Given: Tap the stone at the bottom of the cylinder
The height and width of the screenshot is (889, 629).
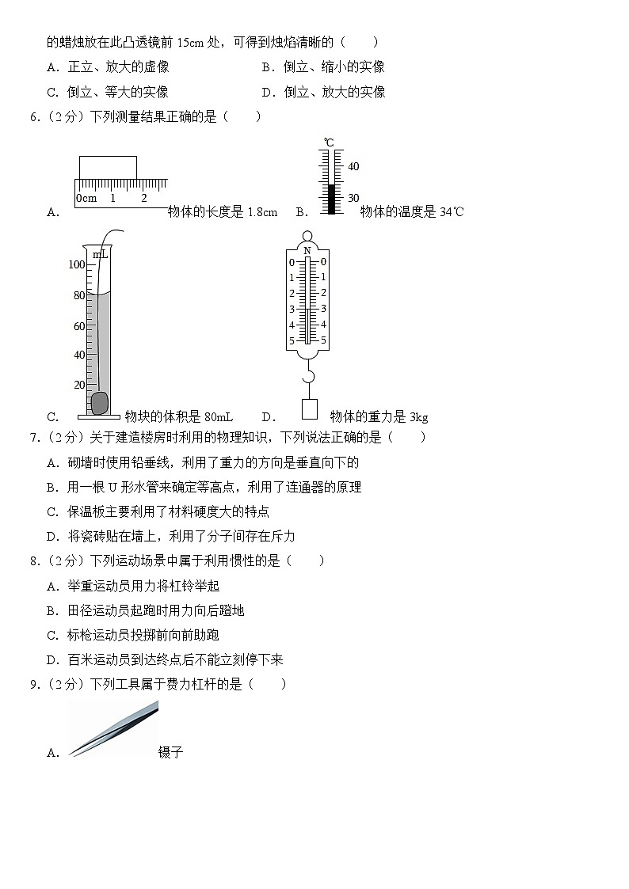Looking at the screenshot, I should coord(99,403).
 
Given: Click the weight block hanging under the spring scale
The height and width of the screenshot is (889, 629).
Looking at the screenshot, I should coord(309,408).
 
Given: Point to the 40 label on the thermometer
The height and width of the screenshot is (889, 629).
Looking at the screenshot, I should coord(353,167).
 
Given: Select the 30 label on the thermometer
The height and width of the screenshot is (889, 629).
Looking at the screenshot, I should coord(353,198).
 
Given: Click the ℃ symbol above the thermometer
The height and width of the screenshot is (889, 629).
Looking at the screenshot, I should coord(329,142).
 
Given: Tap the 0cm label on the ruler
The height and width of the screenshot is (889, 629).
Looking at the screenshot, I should coord(86,198).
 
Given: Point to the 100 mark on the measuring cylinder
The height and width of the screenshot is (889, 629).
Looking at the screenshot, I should coord(76,264).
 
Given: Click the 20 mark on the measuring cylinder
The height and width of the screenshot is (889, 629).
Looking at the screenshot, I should coord(79,385).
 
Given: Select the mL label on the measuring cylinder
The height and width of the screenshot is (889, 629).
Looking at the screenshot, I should coord(100,254).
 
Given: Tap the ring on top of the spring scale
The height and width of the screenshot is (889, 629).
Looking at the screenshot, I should coord(307,236).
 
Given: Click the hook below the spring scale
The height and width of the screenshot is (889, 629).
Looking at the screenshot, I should coord(308,375).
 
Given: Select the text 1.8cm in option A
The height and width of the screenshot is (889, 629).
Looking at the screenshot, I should coord(262,212).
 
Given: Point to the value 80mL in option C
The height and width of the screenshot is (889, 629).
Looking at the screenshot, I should coord(218,417).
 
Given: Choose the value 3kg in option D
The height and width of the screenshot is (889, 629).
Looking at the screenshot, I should coord(417,417).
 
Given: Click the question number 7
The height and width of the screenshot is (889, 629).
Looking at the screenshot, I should coord(34,437).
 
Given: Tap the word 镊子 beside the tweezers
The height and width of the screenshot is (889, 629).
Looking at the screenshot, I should coord(171,753).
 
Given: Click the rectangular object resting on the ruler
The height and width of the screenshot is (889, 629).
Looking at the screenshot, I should coord(108,168).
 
